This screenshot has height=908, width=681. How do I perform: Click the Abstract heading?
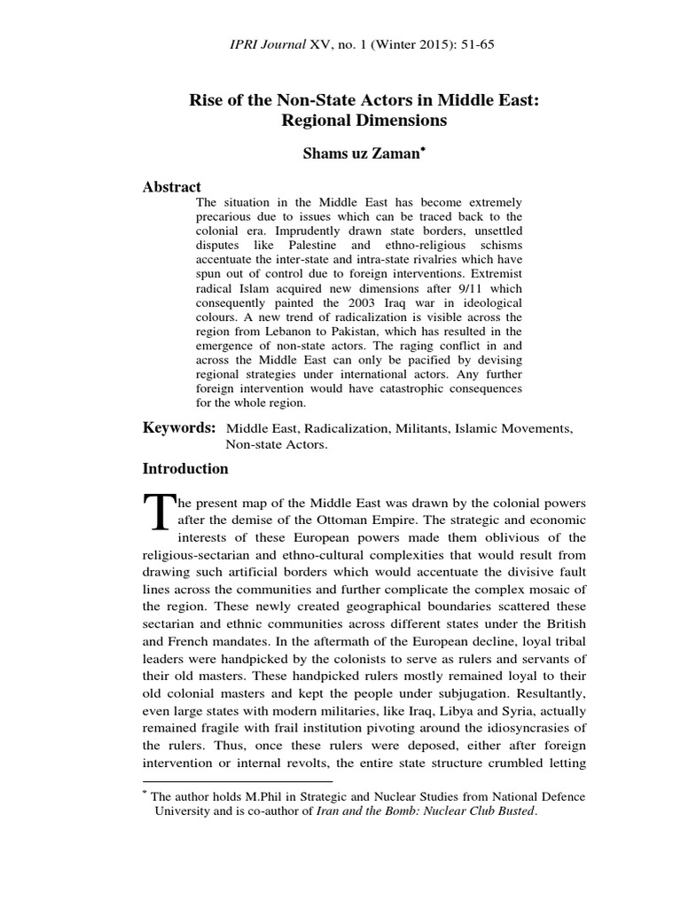tap(172, 187)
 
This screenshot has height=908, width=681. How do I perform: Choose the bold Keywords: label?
tap(180, 428)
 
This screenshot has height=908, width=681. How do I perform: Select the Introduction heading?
tap(185, 469)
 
